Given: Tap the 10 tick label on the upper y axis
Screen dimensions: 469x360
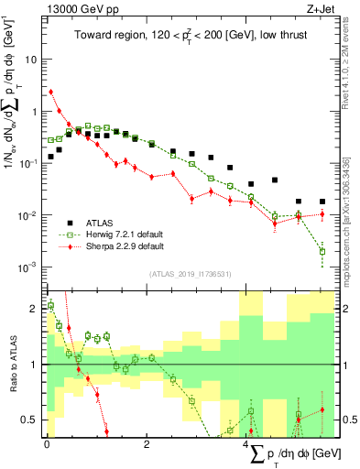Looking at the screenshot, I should tap(30, 59).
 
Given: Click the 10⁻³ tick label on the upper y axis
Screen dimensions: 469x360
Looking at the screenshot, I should tap(28, 267).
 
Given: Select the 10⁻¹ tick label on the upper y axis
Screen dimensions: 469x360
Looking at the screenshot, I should tap(28, 163).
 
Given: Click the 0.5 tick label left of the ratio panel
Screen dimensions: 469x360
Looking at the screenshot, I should tap(29, 420).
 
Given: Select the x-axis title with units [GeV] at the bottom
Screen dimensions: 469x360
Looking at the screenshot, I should tap(293, 453).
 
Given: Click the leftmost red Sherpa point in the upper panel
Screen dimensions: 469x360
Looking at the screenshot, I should tap(51, 92).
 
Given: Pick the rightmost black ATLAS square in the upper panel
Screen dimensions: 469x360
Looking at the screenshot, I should tap(322, 202).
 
